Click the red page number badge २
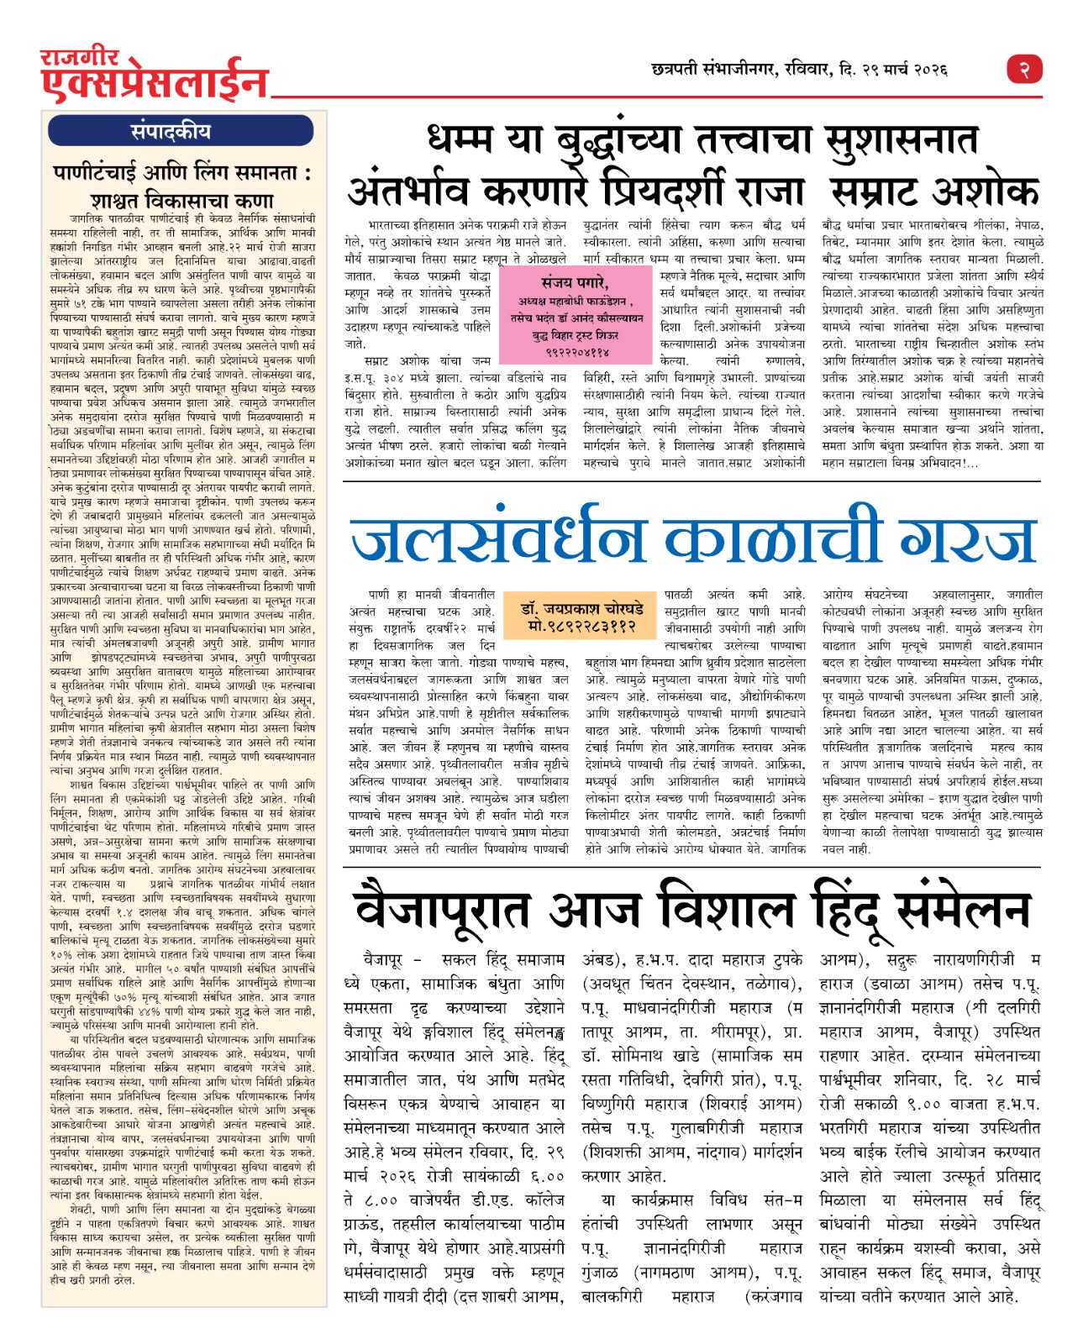click(1024, 68)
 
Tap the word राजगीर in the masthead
click(81, 58)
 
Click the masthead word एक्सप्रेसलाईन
click(155, 84)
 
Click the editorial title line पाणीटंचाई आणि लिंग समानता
click(182, 174)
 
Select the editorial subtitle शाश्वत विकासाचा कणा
click(182, 202)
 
